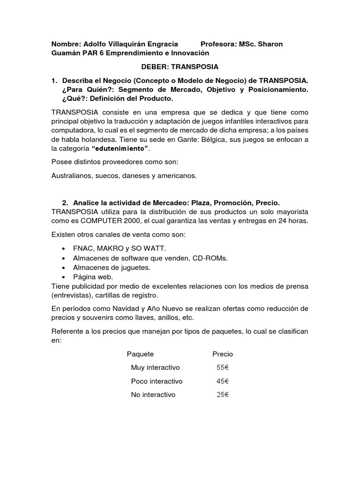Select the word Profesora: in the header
pyautogui.click(x=219, y=44)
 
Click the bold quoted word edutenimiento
pyautogui.click(x=120, y=148)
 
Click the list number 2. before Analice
pyautogui.click(x=65, y=202)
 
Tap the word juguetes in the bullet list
pyautogui.click(x=136, y=267)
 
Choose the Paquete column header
pyautogui.click(x=140, y=354)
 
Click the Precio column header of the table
pyautogui.click(x=222, y=354)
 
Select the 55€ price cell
pyautogui.click(x=222, y=367)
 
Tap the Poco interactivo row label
pyautogui.click(x=157, y=381)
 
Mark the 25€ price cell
pyautogui.click(x=222, y=395)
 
